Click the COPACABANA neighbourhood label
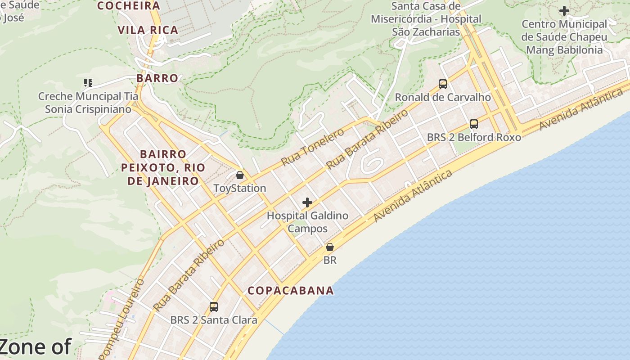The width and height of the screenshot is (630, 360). click(x=291, y=291)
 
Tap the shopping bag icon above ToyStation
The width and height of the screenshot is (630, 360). click(x=240, y=175)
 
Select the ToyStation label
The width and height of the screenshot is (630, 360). click(x=240, y=188)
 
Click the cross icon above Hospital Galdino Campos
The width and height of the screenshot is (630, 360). click(x=307, y=202)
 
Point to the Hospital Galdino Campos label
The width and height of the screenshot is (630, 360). click(x=308, y=222)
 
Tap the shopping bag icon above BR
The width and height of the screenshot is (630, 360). click(x=330, y=247)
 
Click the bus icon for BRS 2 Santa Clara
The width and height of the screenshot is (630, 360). click(x=214, y=307)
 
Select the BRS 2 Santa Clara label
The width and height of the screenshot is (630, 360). click(x=214, y=320)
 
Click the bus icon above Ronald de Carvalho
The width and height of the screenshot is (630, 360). click(x=443, y=84)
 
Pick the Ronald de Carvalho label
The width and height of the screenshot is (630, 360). click(x=443, y=97)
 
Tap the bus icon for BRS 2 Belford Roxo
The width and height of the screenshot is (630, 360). click(x=474, y=124)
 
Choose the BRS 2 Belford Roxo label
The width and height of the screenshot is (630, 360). click(x=474, y=137)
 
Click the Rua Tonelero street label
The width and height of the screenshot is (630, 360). click(x=313, y=147)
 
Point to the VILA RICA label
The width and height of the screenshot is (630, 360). click(x=148, y=30)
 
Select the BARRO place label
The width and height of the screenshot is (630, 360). click(x=157, y=78)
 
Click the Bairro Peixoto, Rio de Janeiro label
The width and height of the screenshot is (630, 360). click(x=163, y=167)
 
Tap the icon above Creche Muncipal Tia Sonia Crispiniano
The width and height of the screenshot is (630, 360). click(x=88, y=83)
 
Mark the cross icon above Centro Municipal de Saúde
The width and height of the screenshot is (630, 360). click(x=564, y=11)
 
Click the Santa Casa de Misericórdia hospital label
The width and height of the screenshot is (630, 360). click(x=426, y=19)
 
